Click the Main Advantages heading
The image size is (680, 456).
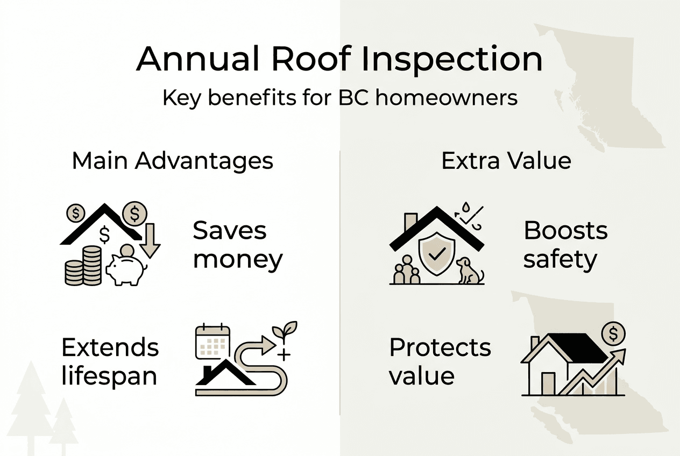[x=173, y=161]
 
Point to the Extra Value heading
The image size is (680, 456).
[x=506, y=161]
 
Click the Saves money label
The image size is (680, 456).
[x=237, y=245]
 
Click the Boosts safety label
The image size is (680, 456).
[x=565, y=245]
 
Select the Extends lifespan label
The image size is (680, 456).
[x=110, y=362]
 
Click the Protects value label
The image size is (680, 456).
[x=440, y=362]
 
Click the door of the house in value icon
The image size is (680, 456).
[x=548, y=383]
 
